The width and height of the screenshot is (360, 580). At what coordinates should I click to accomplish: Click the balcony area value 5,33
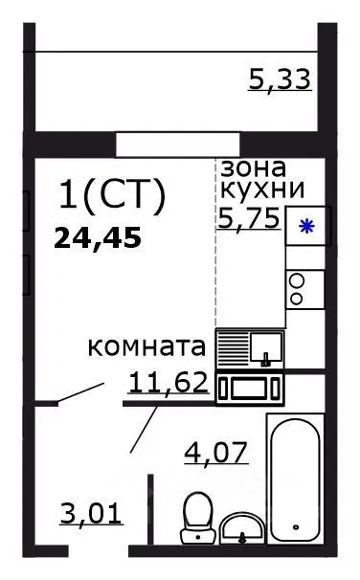[x=280, y=78]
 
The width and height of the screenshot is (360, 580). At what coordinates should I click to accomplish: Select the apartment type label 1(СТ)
[x=113, y=195]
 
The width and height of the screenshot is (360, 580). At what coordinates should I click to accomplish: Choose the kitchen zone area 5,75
[x=248, y=216]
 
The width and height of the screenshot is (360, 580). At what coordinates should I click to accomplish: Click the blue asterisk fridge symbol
[x=306, y=227]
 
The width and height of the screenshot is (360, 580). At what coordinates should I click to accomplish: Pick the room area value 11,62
[x=168, y=383]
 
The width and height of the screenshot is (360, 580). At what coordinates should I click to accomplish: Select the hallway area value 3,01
[x=92, y=518]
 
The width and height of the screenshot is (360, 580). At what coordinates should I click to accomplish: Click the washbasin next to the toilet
[x=244, y=525]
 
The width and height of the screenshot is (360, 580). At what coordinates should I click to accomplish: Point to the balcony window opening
[x=164, y=144]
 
